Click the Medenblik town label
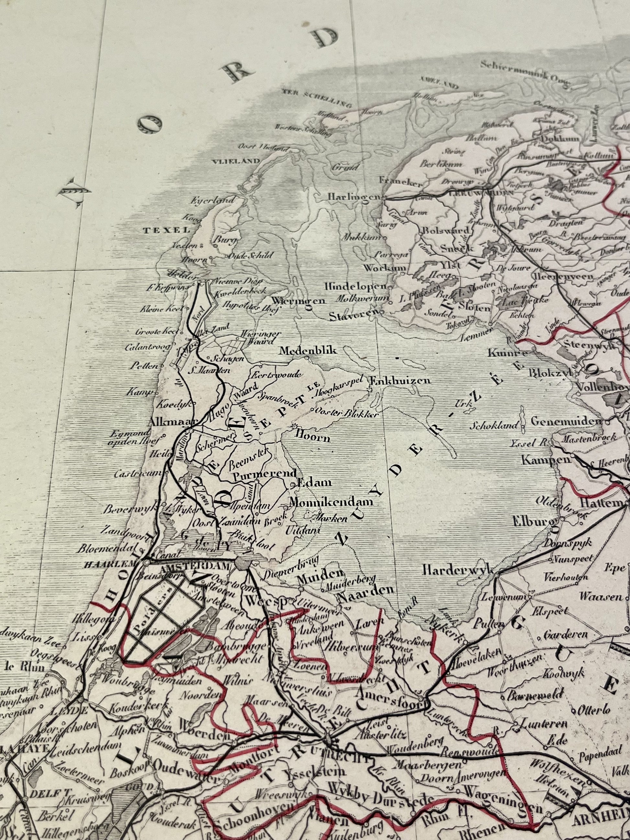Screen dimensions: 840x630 point(308,351)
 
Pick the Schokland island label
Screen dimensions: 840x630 point(494,426)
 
